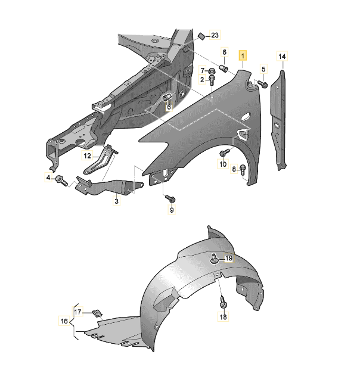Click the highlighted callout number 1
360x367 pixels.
click(243, 56)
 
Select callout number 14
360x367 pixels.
click(282, 57)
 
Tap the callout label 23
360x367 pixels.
click(215, 35)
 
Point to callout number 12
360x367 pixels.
click(87, 155)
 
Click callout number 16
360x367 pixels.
click(64, 321)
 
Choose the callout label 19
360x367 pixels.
click(229, 258)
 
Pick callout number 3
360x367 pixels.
click(116, 201)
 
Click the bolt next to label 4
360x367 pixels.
click(61, 181)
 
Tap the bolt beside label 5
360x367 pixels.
click(262, 84)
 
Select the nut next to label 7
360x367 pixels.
click(212, 70)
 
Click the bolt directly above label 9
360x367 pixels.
click(170, 198)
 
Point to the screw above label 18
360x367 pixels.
click(222, 302)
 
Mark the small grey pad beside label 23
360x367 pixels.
click(201, 36)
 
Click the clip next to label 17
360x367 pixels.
click(97, 313)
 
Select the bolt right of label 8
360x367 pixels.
click(243, 170)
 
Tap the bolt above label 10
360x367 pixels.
click(224, 153)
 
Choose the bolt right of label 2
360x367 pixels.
click(212, 80)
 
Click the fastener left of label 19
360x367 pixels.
click(214, 258)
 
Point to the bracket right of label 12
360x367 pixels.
click(101, 159)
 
